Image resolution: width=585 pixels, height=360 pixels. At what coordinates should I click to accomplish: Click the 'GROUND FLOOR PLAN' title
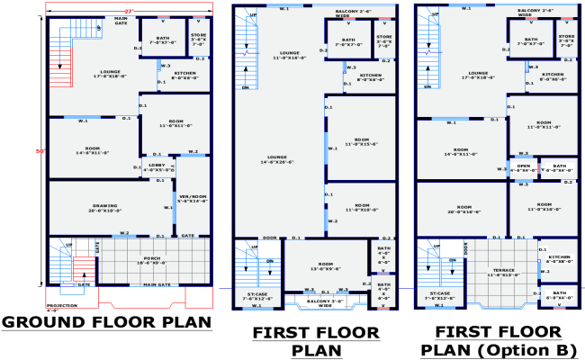(106, 322)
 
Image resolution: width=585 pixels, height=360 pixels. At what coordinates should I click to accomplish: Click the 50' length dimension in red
(40, 149)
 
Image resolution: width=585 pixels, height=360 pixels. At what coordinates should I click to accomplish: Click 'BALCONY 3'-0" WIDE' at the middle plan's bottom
(325, 304)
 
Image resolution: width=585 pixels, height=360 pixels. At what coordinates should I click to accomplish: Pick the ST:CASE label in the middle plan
(256, 296)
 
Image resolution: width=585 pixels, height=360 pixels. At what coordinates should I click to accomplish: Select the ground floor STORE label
(199, 40)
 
